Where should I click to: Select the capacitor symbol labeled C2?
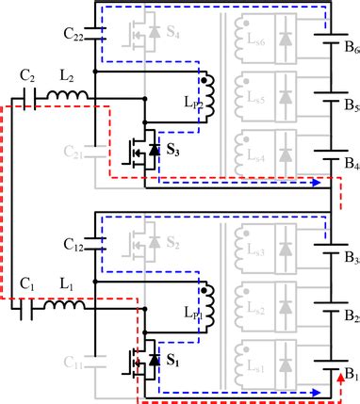tap(29, 97)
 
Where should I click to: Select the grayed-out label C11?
tap(75, 360)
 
